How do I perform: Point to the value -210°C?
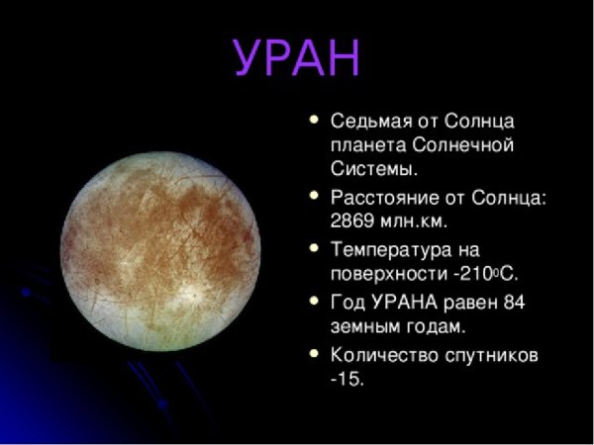click(x=485, y=273)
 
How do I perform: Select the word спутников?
click(x=495, y=352)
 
